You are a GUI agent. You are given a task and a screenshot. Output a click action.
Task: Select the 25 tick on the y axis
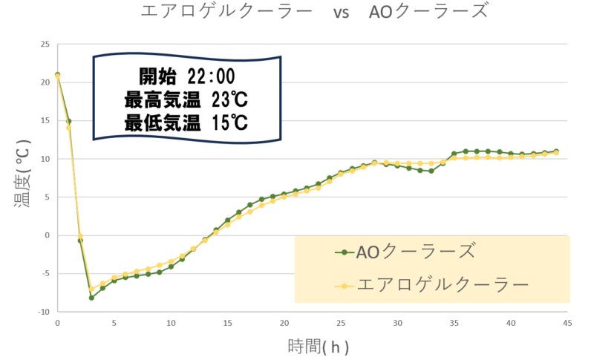[45, 44]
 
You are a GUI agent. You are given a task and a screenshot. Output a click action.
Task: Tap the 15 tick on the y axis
[45, 120]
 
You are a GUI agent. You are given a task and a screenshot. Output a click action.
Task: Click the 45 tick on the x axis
[568, 323]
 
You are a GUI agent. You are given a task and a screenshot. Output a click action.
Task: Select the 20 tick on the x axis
[284, 323]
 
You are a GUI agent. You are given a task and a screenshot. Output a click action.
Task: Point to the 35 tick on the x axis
[454, 323]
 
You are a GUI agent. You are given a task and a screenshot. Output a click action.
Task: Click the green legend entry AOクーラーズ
[416, 252]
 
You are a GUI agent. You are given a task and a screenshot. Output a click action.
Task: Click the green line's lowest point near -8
[91, 298]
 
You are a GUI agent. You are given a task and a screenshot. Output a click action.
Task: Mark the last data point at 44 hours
[556, 152]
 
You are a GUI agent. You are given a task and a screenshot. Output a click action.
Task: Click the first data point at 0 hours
[57, 76]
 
